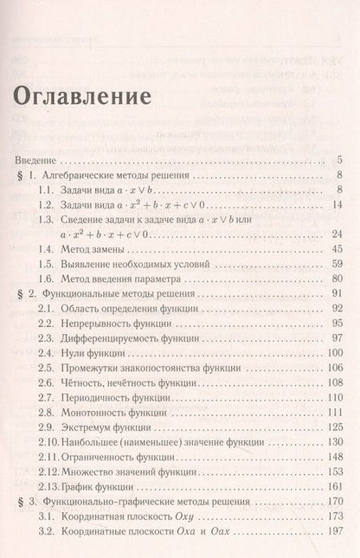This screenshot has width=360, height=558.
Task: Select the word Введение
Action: tap(37, 160)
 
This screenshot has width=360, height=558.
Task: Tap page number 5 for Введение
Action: tap(342, 160)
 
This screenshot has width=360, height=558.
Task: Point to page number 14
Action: tap(338, 204)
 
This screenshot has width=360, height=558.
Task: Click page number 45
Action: tap(338, 249)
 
